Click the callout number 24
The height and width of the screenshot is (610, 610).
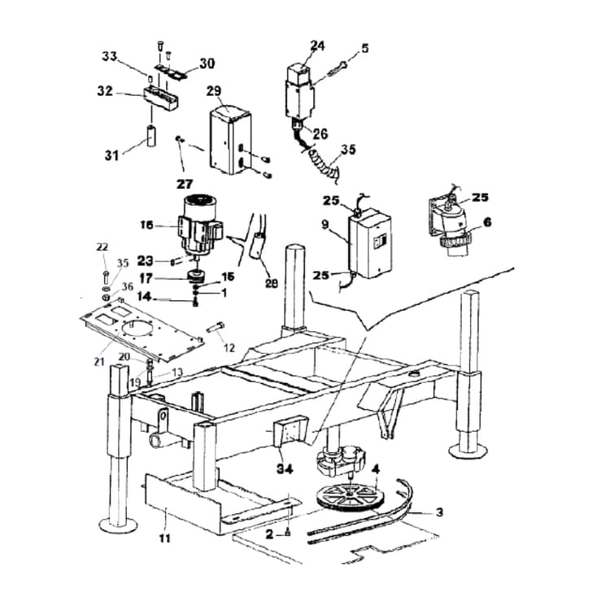coord(317,46)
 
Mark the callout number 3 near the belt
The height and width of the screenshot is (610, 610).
coord(438,512)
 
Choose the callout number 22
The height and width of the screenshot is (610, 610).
coord(102,246)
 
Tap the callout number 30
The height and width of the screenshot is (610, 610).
coord(207,63)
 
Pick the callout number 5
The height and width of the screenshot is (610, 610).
coord(364,48)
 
